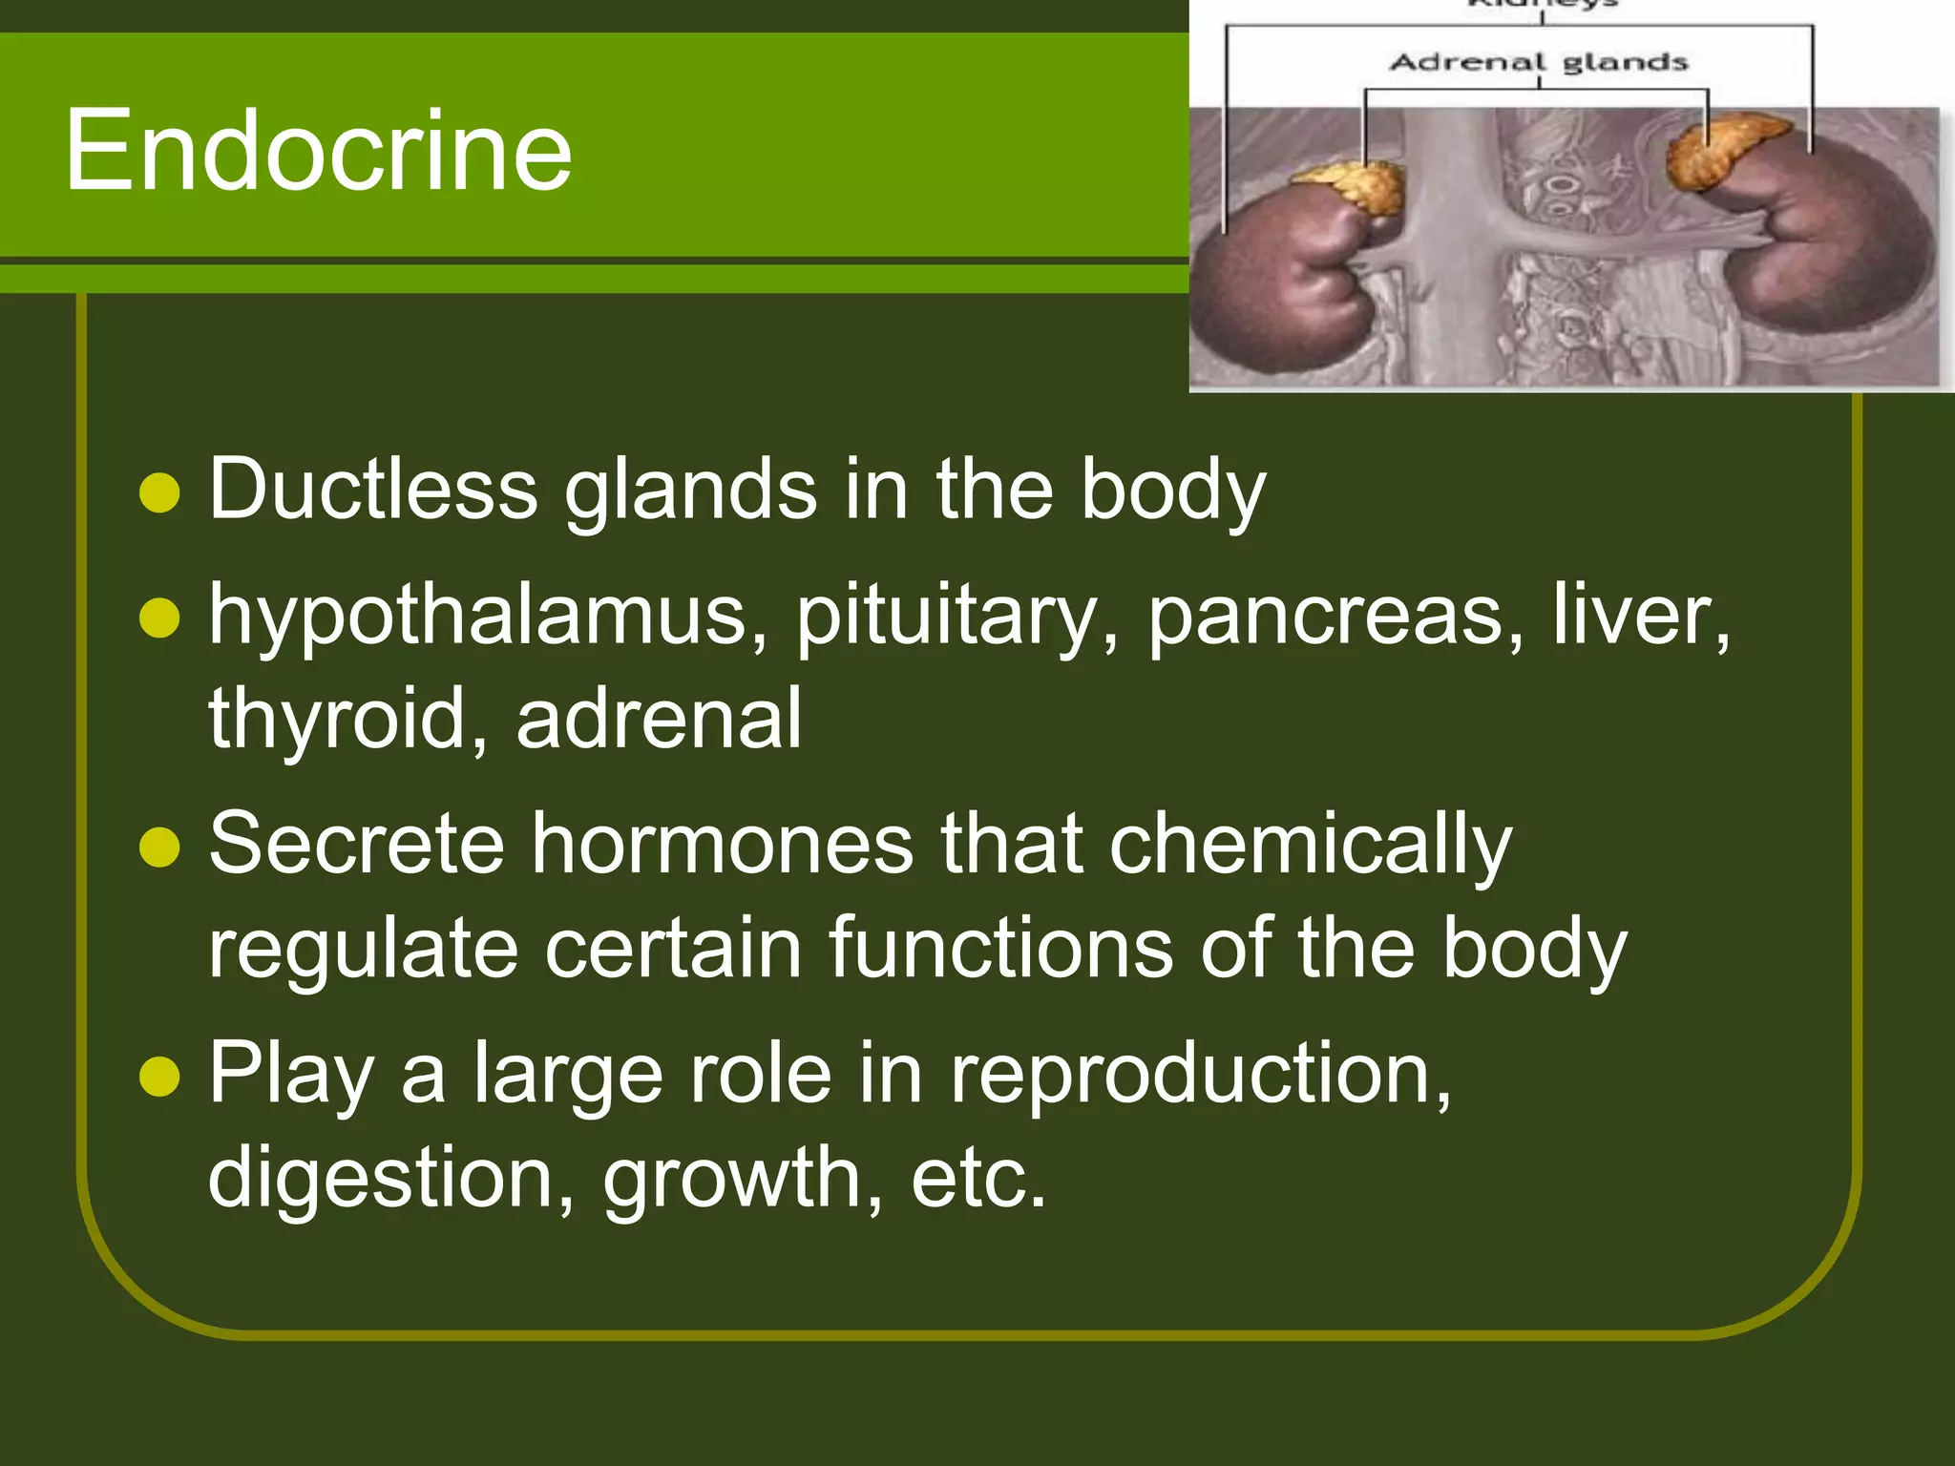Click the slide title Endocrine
coord(318,151)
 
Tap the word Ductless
coord(373,490)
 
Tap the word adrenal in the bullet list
coord(659,720)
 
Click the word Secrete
coord(356,844)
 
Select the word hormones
coord(723,844)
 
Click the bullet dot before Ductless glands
coord(159,493)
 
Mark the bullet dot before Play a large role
coord(159,1077)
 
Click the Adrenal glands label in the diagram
coord(1539,63)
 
